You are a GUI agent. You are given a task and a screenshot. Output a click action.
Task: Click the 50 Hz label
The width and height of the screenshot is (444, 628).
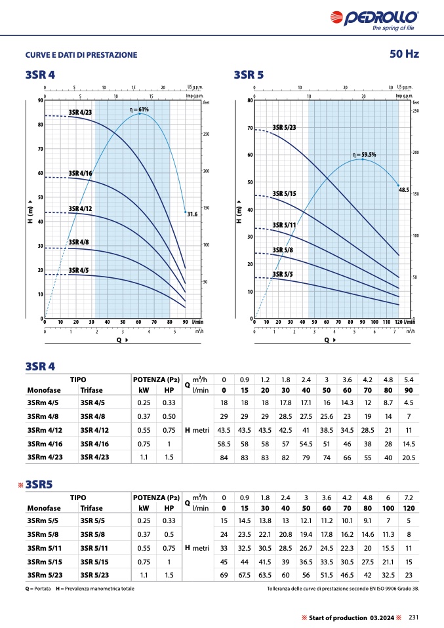point(404,54)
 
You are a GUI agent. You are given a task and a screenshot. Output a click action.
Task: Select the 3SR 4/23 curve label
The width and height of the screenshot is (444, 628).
point(80,113)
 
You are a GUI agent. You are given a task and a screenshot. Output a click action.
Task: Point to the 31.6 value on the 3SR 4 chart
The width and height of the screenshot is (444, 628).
point(192,214)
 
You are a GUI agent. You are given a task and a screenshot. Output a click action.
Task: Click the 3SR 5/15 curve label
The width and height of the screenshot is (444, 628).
point(285,193)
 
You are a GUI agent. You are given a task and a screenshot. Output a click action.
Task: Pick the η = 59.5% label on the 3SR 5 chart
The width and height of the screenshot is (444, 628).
point(365,155)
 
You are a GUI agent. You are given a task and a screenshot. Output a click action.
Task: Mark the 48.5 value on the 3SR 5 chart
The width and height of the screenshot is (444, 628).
point(404,189)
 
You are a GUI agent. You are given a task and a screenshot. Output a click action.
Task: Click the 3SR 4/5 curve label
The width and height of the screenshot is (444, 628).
point(79,270)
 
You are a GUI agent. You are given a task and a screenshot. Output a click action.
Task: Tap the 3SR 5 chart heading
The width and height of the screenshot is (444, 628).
point(249,75)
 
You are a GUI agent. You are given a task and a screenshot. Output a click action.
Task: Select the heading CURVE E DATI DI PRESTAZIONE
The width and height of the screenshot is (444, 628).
point(81,54)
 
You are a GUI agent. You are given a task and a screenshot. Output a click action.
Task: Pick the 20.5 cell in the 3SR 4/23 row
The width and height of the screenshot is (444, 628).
point(408,457)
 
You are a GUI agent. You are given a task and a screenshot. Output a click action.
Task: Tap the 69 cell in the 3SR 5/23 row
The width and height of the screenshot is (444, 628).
point(224,574)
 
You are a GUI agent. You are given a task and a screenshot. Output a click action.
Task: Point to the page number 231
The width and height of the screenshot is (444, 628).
point(413,617)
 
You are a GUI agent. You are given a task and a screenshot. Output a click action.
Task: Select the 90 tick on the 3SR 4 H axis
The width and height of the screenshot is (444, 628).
point(41,101)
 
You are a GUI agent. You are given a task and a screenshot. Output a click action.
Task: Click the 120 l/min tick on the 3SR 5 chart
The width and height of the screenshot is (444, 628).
point(397,323)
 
